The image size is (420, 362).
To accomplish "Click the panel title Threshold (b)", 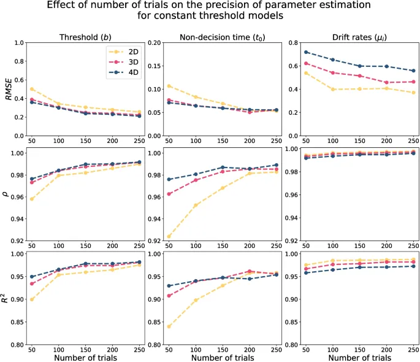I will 86,36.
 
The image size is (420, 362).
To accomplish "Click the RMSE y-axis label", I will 9,90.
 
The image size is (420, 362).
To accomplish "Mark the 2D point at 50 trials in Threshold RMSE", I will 31,89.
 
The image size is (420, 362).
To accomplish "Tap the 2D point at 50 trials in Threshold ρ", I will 31,199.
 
